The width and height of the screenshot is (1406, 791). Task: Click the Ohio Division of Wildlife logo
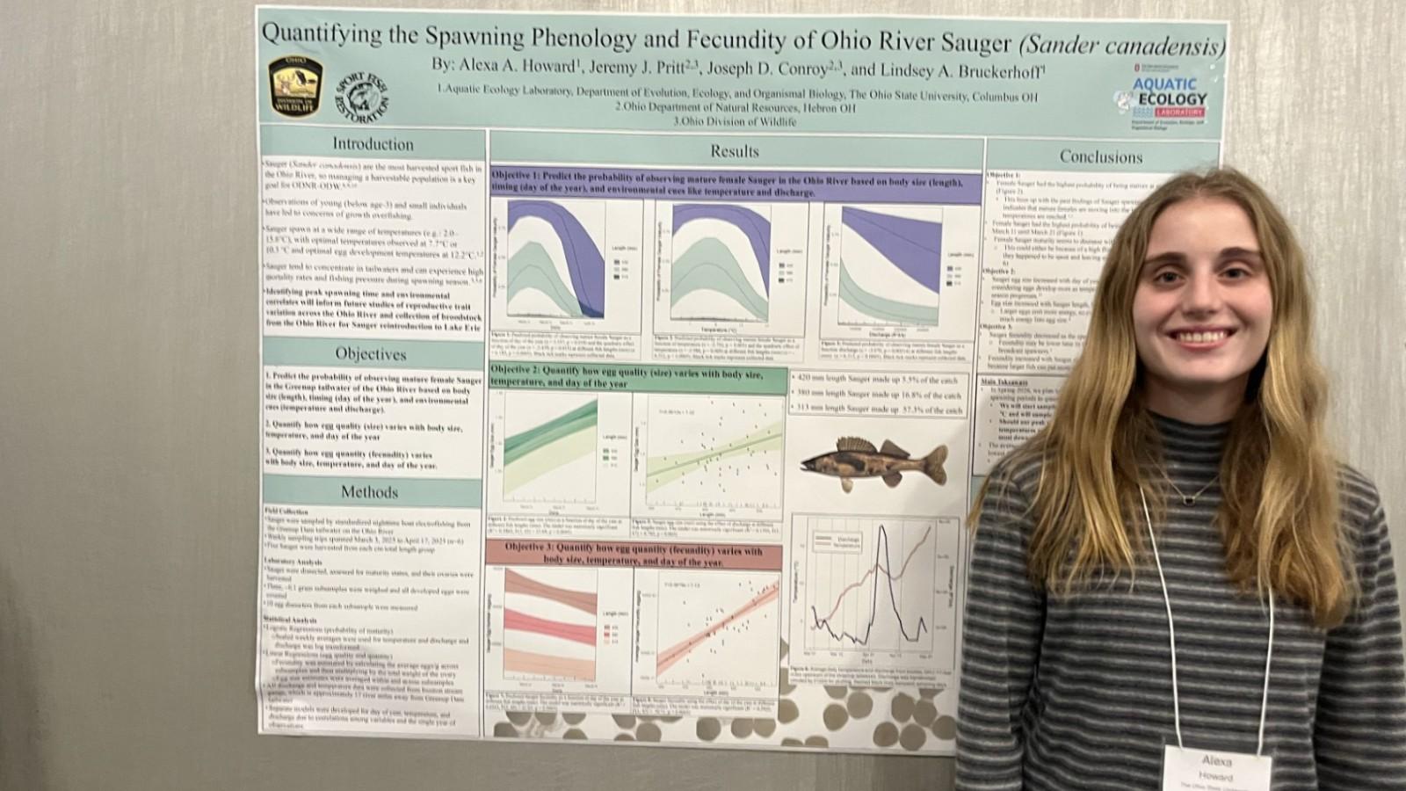click(x=295, y=86)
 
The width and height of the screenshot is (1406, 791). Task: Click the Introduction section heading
click(x=373, y=144)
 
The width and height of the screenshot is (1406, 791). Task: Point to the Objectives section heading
click(x=371, y=354)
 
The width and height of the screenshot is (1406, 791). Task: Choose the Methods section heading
click(x=370, y=492)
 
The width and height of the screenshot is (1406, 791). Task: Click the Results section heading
click(x=735, y=151)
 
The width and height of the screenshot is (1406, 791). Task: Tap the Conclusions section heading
click(x=1100, y=157)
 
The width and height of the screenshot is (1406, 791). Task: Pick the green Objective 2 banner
click(x=637, y=377)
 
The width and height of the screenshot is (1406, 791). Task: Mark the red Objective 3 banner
click(x=634, y=554)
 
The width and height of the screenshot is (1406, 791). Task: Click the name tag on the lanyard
click(x=1217, y=767)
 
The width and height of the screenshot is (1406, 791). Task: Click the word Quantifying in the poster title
click(x=323, y=35)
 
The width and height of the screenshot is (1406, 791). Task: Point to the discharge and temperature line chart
click(x=871, y=590)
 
